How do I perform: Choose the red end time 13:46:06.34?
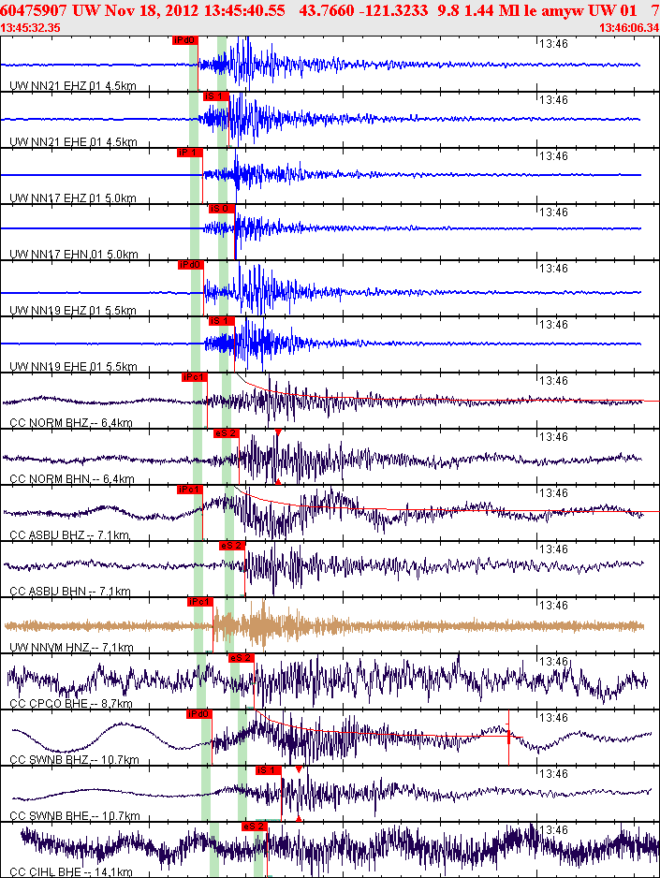point(628,28)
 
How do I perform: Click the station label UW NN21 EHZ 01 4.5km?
point(73,87)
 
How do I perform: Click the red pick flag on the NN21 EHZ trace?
point(185,41)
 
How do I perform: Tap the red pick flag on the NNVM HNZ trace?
point(200,602)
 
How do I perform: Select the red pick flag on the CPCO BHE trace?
point(242,658)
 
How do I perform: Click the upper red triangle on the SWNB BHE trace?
point(298,769)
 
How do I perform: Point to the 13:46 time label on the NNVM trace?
point(555,606)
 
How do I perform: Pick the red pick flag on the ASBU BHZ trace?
point(190,490)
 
